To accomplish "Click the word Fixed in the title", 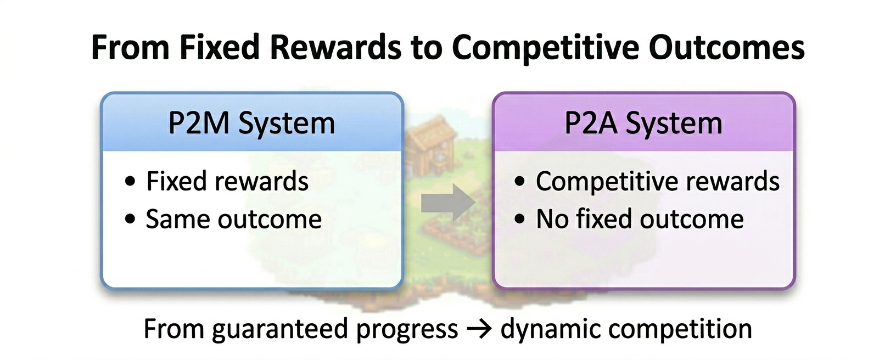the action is pos(220,47).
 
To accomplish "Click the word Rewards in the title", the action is pos(335,47).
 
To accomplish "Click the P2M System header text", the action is pos(251,123).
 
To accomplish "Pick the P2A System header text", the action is pos(643,123).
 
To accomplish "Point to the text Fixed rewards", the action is pos(227,181).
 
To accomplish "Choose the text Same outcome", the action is pos(233,219).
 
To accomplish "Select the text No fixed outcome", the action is pos(640,219).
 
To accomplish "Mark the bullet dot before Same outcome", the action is pos(130,219).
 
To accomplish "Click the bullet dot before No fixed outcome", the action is pos(519,219).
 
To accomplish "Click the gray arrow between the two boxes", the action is pos(448,203).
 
